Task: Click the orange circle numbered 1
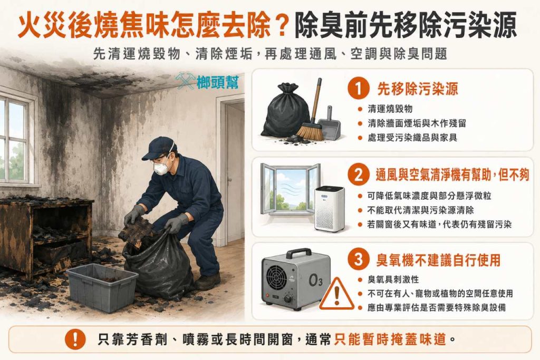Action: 359,88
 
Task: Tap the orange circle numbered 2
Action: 359,175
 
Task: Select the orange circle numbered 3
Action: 359,259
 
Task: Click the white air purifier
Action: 330,209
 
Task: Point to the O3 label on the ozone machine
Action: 315,280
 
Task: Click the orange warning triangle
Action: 336,294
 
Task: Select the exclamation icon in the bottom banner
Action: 75,339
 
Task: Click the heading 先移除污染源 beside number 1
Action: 418,89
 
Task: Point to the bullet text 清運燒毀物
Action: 390,109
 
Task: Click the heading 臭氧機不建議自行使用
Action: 438,260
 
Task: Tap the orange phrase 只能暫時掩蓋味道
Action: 390,339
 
